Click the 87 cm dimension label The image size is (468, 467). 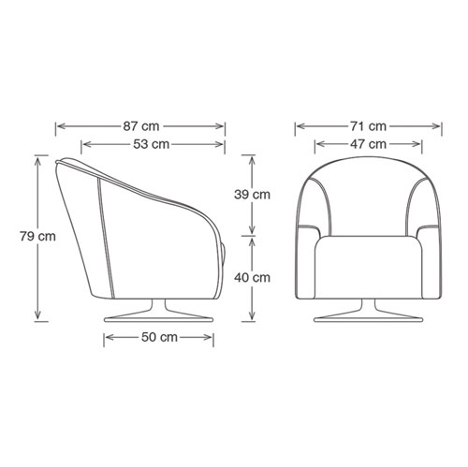click(141, 125)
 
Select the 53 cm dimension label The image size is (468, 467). click(153, 144)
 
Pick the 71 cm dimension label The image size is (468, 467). click(367, 125)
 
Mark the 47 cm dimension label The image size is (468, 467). click(367, 144)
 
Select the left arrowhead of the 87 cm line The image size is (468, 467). click(59, 125)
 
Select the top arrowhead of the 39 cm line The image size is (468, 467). click(251, 155)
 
